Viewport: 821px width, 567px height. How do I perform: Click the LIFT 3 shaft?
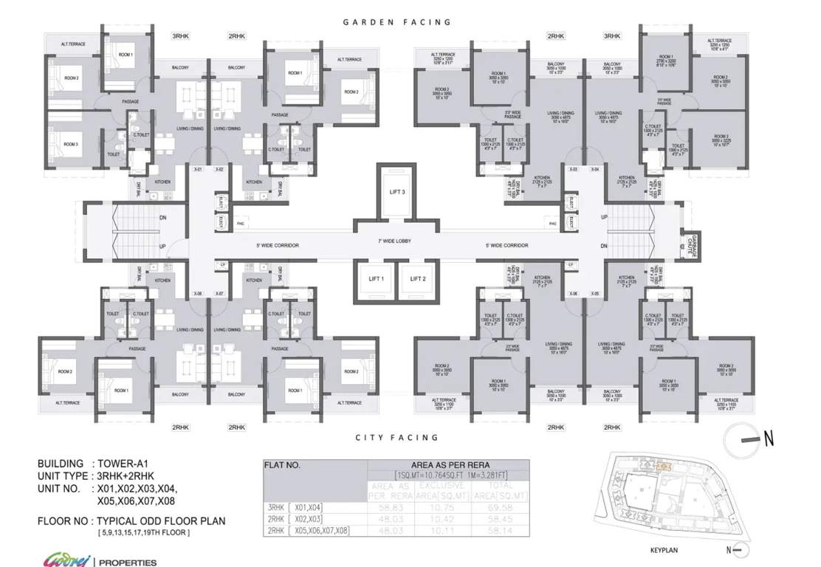point(397,191)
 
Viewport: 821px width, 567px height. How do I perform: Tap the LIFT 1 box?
point(376,279)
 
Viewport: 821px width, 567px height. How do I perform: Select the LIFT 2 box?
point(417,279)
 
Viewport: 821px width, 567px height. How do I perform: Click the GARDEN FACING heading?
point(396,22)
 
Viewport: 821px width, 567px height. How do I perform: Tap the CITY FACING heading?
point(396,438)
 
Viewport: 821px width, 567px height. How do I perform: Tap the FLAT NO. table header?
point(283,466)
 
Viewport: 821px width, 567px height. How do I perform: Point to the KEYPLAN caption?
point(664,550)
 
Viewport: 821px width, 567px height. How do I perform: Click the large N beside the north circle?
point(769,439)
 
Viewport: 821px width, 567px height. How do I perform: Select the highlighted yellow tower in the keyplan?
point(664,467)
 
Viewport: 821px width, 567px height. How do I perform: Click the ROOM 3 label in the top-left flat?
point(71,144)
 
